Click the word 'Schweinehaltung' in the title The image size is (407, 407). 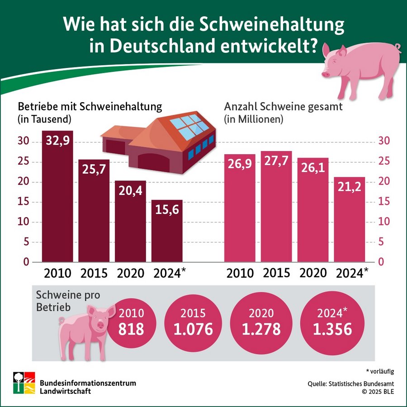pos(272,24)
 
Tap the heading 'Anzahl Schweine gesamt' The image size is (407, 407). pos(284,107)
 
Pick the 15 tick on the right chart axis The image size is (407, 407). pos(383,202)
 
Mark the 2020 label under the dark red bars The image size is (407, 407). pos(130,273)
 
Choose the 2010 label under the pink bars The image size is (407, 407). pos(240,273)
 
